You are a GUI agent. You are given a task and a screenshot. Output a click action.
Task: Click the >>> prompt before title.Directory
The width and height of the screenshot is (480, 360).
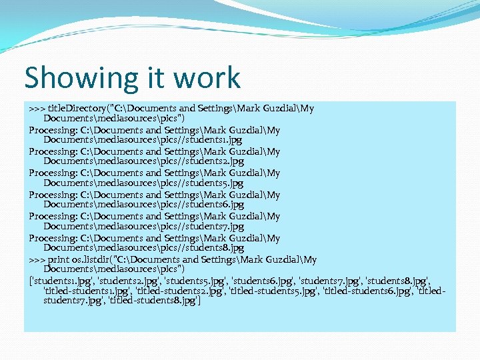pyautogui.click(x=37, y=108)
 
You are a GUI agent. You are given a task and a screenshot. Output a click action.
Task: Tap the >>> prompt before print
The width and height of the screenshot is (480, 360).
pyautogui.click(x=37, y=259)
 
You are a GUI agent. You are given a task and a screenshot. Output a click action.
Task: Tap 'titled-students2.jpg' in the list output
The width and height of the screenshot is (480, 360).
pyautogui.click(x=180, y=291)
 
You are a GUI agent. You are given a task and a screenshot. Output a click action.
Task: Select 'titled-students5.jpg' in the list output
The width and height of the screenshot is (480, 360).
pyautogui.click(x=273, y=291)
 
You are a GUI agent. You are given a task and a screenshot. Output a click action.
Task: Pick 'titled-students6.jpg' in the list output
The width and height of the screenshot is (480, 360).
pyautogui.click(x=367, y=291)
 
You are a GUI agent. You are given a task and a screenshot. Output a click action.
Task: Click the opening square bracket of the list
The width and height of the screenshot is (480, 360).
pyautogui.click(x=30, y=281)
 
